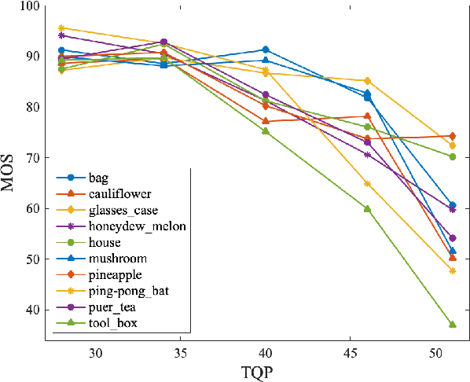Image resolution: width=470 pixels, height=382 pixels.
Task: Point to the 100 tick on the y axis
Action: tap(29, 6)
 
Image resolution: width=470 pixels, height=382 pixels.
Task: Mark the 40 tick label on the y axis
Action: tap(32, 310)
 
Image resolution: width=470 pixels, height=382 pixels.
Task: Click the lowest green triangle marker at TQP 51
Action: tap(453, 324)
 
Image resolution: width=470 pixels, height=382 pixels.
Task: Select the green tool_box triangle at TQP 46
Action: tap(367, 208)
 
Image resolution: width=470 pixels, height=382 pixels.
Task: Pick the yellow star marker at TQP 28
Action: tap(62, 28)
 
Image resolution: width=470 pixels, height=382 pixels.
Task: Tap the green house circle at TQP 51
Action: tap(453, 156)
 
